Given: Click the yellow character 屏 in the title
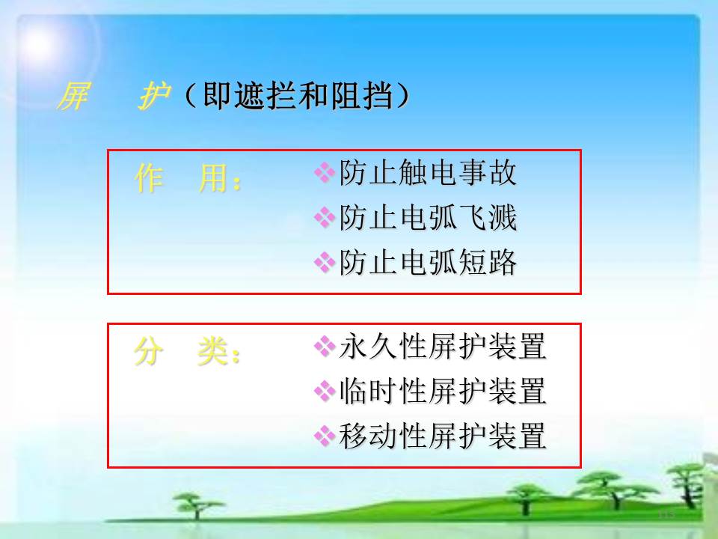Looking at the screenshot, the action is click(73, 97).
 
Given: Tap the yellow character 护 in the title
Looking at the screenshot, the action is click(154, 97).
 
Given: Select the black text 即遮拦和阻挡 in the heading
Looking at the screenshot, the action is click(297, 96).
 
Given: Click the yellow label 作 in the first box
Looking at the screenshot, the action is click(149, 178).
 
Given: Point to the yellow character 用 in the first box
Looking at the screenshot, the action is click(214, 178).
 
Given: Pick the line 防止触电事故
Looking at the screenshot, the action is click(428, 173).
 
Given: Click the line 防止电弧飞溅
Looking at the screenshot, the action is click(428, 217).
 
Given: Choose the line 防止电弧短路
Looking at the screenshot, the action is click(428, 262).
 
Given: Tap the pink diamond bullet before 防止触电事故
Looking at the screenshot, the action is click(325, 172).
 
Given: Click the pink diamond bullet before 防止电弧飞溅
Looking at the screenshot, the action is click(325, 217).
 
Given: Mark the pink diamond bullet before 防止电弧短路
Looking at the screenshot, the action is click(325, 262).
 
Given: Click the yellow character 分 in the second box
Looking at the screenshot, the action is click(148, 351).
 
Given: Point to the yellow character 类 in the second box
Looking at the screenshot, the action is click(213, 351).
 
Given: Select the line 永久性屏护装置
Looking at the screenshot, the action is click(443, 346).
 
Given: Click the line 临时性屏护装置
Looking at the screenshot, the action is click(443, 391).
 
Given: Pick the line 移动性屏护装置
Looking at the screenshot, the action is click(443, 436).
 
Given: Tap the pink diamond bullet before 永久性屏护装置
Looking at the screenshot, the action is click(325, 346).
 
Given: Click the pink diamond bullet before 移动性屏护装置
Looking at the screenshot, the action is click(325, 436).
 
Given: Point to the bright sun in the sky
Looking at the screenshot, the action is click(40, 44).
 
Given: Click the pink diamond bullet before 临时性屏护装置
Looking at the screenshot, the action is click(325, 391).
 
